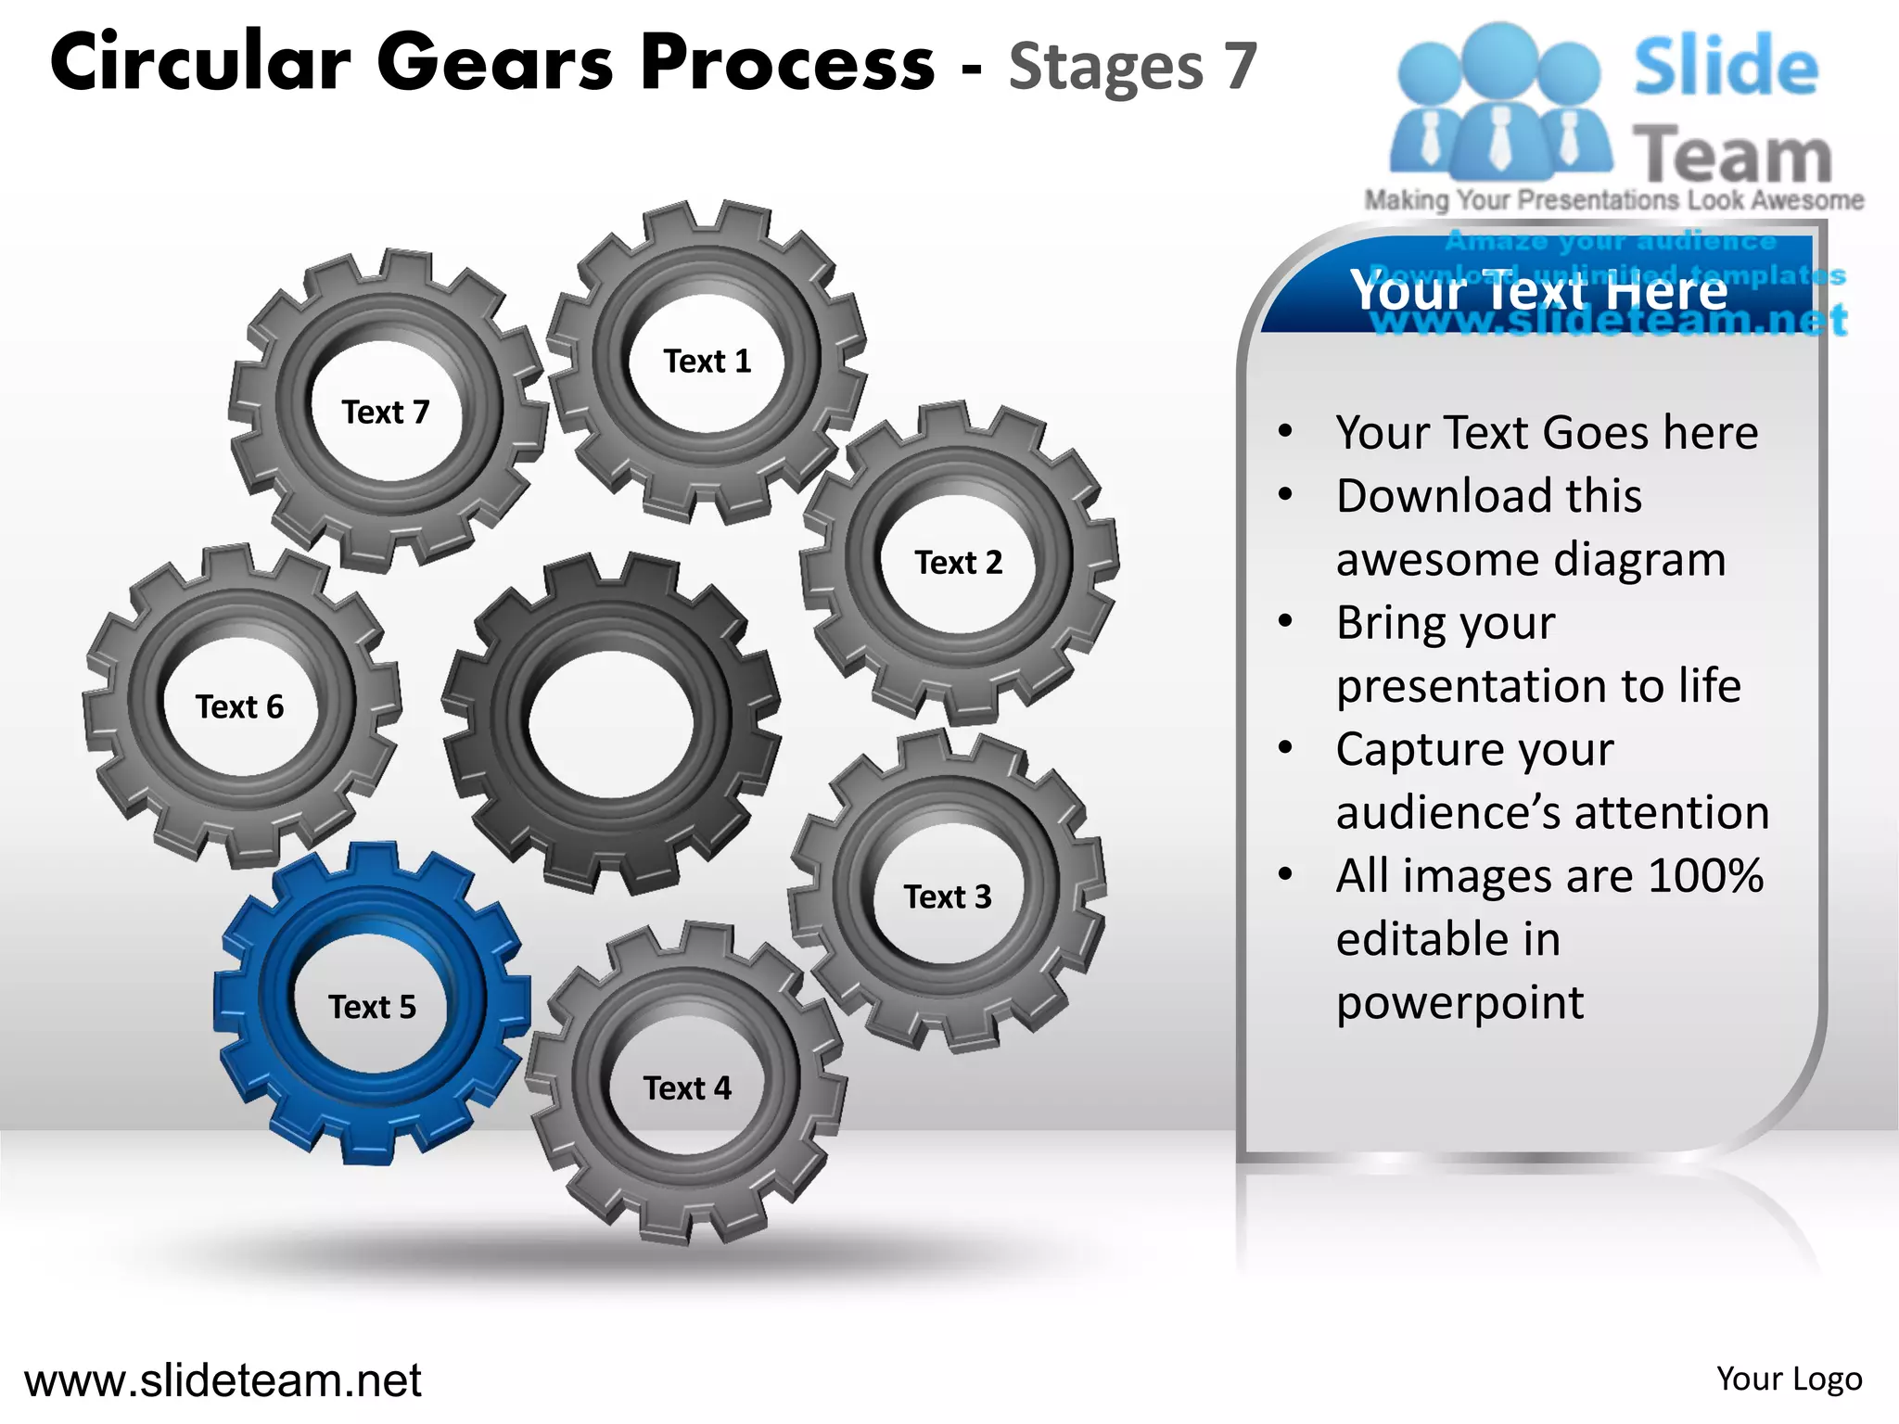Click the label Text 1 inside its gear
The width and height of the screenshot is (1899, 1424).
click(707, 361)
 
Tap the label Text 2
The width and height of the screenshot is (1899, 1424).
click(958, 562)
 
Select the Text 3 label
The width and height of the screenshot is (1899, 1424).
click(947, 896)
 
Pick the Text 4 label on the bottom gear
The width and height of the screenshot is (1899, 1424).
click(687, 1087)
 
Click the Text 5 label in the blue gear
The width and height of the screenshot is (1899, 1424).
click(372, 1007)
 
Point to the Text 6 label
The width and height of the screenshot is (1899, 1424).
click(239, 706)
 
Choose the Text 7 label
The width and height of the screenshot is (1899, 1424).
click(385, 412)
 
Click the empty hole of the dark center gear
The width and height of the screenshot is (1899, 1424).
click(609, 723)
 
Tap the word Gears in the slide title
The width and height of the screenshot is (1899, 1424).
click(495, 63)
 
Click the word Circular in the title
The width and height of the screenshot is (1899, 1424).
click(200, 63)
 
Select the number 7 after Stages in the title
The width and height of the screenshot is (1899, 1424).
click(1240, 67)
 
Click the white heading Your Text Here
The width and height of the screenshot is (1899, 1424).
click(1539, 290)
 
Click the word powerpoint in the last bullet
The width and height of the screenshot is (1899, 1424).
click(1459, 1002)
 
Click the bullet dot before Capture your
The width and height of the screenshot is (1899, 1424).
click(1285, 747)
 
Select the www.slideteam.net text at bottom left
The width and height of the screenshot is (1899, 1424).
click(223, 1380)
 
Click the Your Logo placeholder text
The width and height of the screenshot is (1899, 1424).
click(1789, 1379)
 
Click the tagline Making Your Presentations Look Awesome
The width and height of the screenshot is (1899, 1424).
click(1613, 200)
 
